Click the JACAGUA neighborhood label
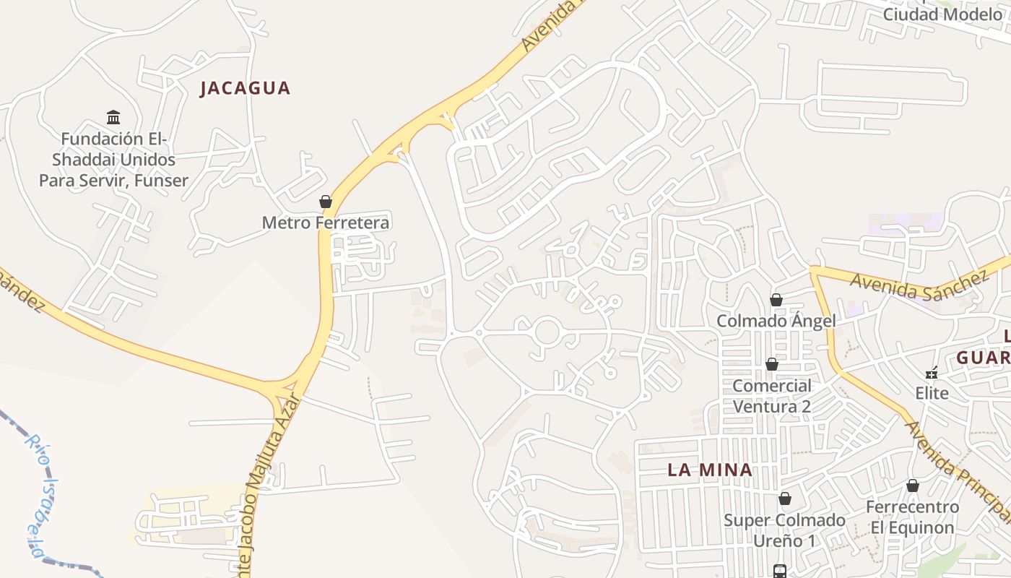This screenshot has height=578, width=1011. [245, 88]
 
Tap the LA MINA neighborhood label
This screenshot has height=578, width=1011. [710, 470]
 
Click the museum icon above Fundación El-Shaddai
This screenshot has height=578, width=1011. [113, 117]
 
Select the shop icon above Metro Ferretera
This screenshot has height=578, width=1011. [326, 202]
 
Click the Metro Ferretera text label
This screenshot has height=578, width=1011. [325, 223]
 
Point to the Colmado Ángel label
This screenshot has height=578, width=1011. [776, 321]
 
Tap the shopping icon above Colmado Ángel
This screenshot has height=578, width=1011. [776, 300]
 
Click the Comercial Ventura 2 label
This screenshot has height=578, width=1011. [772, 396]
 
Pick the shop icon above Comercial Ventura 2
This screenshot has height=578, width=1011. [772, 364]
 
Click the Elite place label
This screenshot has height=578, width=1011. [932, 394]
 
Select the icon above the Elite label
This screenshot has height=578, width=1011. [932, 374]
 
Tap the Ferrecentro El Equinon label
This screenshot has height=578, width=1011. [912, 517]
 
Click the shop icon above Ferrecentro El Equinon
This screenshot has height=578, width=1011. [913, 486]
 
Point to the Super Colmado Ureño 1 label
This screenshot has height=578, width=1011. [784, 530]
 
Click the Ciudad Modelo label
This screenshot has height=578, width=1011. [942, 14]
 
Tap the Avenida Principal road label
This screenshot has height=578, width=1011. [957, 469]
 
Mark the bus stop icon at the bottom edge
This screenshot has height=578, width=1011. [780, 571]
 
